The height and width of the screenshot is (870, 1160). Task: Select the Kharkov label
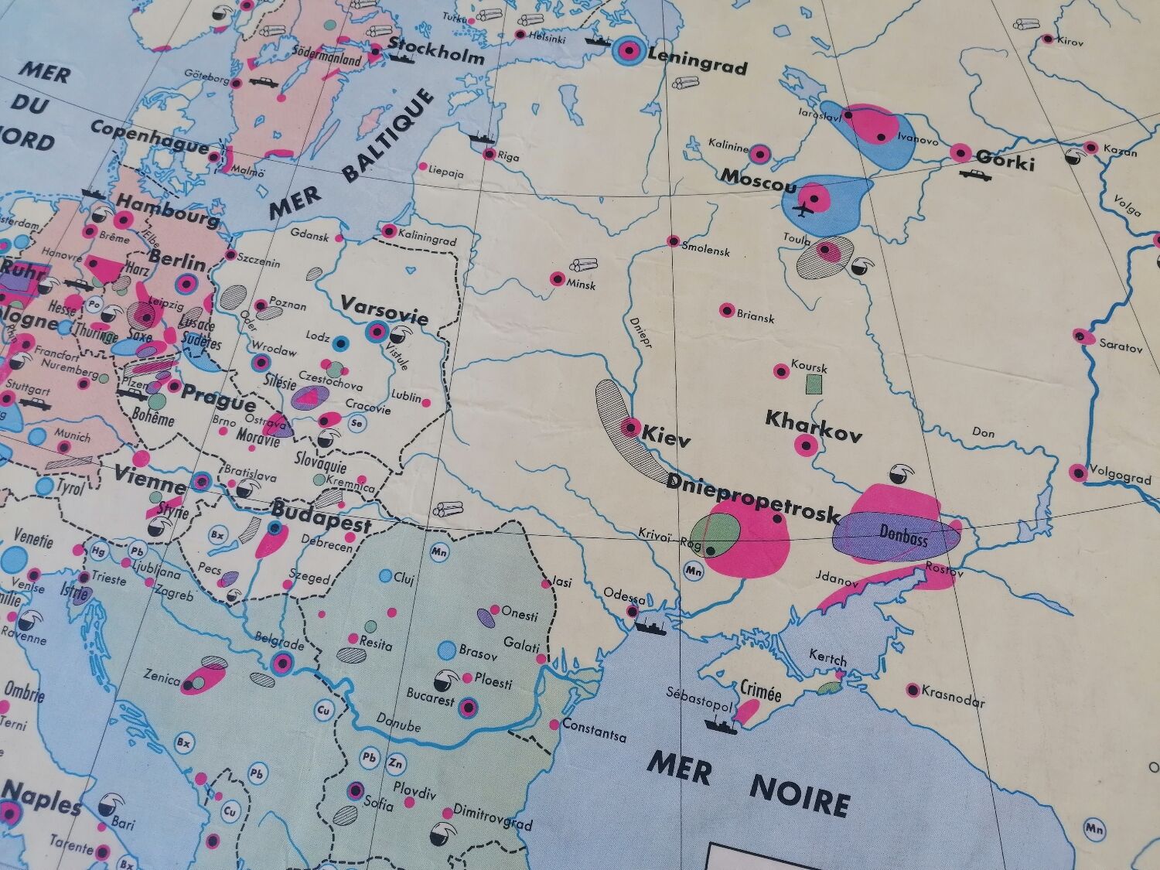(814, 425)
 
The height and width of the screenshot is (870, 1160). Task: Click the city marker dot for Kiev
(631, 426)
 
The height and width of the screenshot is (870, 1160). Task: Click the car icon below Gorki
(975, 176)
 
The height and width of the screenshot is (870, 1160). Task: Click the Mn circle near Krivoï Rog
(694, 572)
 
